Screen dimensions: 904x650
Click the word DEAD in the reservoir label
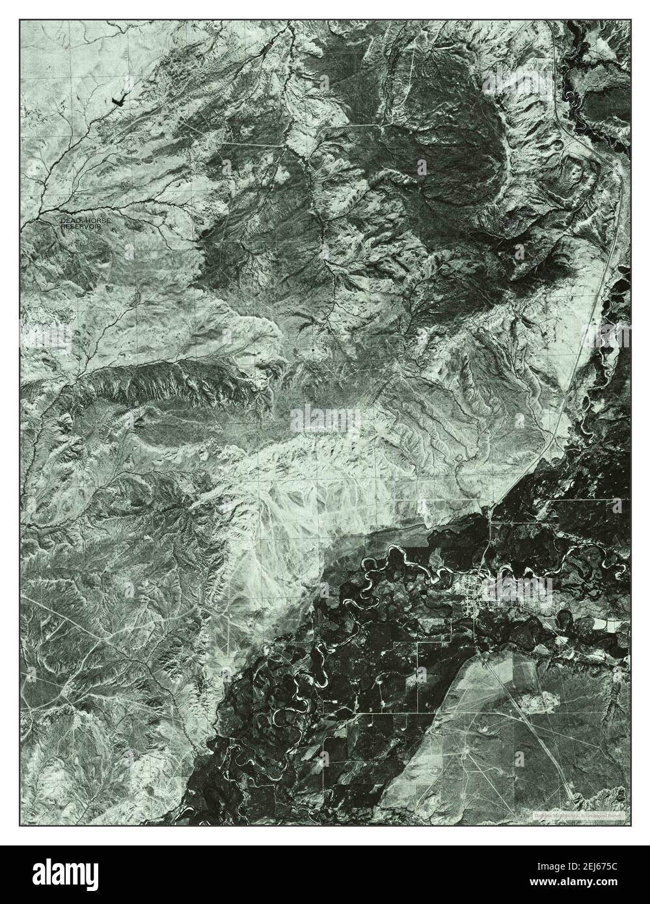(x=69, y=222)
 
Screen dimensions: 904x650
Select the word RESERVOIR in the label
(x=85, y=228)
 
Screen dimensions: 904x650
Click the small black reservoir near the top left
(x=120, y=100)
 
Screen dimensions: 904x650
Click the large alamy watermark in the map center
(x=325, y=416)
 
